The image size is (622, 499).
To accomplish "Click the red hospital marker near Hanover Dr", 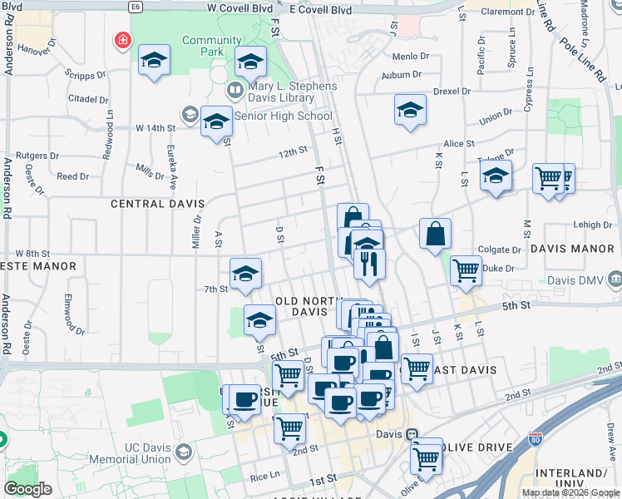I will (122, 40).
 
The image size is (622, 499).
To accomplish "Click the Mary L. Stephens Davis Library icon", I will (234, 89).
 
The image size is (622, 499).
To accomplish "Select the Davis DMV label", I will (583, 278).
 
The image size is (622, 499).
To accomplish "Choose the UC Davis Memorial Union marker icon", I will (184, 452).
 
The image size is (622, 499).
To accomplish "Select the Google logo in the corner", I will (27, 489).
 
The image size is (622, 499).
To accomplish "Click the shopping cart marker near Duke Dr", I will (466, 269).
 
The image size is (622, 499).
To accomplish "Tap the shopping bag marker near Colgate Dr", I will (436, 234).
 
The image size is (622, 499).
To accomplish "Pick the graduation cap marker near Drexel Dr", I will (410, 110).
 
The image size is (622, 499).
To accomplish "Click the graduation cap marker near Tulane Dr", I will (496, 175).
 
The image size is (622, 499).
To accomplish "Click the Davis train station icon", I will (411, 434).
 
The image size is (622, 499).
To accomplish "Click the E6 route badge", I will (136, 7).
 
